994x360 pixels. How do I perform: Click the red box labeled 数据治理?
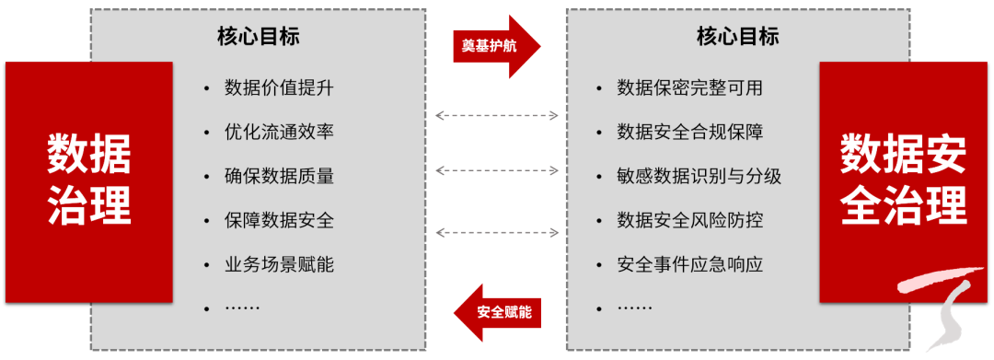pyautogui.click(x=89, y=180)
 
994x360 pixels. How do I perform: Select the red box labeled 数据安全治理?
pyautogui.click(x=903, y=180)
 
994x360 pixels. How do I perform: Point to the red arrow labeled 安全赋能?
pyautogui.click(x=496, y=311)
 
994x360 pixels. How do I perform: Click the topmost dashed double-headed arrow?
pyautogui.click(x=497, y=116)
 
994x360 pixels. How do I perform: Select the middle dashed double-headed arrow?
pyautogui.click(x=497, y=170)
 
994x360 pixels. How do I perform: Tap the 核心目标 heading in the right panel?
pyautogui.click(x=738, y=37)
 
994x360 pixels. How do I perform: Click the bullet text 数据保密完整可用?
pyautogui.click(x=689, y=88)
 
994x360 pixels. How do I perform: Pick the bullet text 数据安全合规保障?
pyautogui.click(x=689, y=132)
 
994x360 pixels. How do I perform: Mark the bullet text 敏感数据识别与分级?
pyautogui.click(x=699, y=176)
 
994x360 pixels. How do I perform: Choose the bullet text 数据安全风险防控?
pyautogui.click(x=689, y=220)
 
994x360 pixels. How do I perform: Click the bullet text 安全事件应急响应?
pyautogui.click(x=689, y=264)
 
